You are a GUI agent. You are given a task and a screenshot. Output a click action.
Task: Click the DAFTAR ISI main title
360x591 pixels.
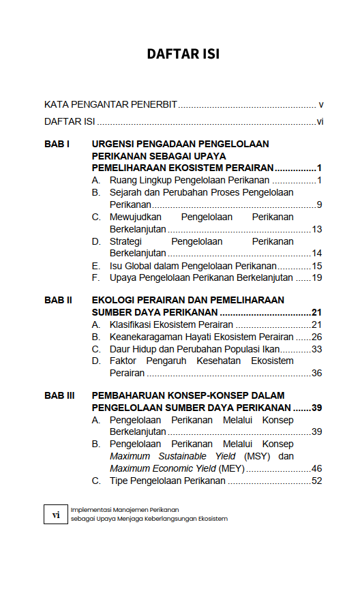click(183, 54)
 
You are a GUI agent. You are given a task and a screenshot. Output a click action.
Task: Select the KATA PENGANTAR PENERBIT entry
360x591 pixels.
click(110, 104)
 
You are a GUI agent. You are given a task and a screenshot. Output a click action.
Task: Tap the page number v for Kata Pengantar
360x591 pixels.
click(320, 104)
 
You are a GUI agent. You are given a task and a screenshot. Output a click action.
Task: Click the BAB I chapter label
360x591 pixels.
click(57, 145)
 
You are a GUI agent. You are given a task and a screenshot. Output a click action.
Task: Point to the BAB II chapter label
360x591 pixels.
click(59, 300)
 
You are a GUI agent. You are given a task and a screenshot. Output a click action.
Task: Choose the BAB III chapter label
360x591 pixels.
click(60, 395)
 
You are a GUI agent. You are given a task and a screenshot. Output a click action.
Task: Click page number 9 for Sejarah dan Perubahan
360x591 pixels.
click(319, 204)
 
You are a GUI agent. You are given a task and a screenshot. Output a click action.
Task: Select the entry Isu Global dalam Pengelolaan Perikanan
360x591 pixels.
click(193, 266)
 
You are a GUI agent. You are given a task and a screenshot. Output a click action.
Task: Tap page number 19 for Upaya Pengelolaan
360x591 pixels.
click(317, 278)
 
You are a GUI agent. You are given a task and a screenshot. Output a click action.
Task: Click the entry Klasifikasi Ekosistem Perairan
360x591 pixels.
click(171, 324)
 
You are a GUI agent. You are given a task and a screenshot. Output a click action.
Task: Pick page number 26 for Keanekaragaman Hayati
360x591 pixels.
click(316, 337)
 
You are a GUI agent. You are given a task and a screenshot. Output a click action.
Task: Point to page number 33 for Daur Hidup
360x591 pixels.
click(316, 349)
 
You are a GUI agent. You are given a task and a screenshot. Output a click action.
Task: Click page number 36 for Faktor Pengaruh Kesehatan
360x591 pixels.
click(316, 373)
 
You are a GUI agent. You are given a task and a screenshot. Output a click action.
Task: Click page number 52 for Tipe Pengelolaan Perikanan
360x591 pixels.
click(316, 481)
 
